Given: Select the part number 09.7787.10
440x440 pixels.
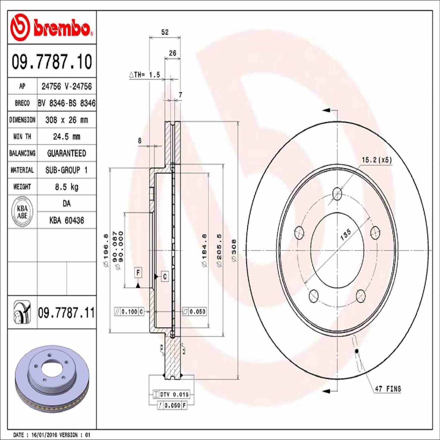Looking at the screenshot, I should click(x=52, y=62).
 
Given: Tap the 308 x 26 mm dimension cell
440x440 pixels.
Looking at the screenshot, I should click(x=66, y=120).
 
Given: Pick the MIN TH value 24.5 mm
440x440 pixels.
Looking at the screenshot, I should click(x=66, y=136).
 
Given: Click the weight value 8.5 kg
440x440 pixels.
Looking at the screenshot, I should click(x=66, y=187).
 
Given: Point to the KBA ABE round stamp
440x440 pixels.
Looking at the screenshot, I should click(x=22, y=212).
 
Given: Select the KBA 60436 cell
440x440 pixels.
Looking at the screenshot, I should click(x=66, y=220).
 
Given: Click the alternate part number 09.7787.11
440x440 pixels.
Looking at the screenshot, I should click(x=66, y=313).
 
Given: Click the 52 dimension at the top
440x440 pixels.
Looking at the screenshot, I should click(x=165, y=32).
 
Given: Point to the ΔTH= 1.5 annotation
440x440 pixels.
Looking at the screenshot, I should click(x=145, y=75).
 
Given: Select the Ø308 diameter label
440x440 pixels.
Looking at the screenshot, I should click(x=234, y=251).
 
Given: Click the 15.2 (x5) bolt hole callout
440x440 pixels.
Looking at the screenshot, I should click(x=377, y=160).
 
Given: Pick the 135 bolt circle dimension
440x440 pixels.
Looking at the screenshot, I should click(x=346, y=235).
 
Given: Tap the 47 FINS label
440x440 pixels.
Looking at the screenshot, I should click(x=388, y=389).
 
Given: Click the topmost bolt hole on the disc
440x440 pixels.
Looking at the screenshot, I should click(x=337, y=194).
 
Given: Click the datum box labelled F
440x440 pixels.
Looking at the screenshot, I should click(x=138, y=273).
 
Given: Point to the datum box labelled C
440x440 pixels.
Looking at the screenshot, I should click(x=165, y=276).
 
